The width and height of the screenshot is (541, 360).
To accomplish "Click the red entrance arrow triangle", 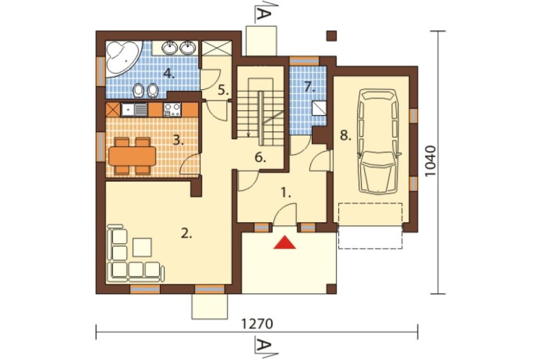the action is (x=285, y=242).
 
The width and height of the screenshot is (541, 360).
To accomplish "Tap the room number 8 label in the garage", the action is (x=345, y=136).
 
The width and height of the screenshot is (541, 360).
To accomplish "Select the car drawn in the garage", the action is (x=378, y=142).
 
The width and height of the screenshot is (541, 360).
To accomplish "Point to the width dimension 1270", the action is (x=257, y=324).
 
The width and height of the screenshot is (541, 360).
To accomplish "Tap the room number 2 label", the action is (x=186, y=234).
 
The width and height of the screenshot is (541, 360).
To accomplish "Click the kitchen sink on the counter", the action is (x=134, y=110).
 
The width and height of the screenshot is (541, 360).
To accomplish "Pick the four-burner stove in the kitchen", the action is (x=172, y=110).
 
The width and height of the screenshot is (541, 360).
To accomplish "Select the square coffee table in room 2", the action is (x=142, y=247).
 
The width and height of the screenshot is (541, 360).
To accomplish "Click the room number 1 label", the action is (x=285, y=193).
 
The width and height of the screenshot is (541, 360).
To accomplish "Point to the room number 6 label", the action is (x=260, y=158).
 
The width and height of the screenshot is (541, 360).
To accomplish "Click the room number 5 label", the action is (x=223, y=90).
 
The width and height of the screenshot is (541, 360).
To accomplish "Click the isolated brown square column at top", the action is (x=332, y=36).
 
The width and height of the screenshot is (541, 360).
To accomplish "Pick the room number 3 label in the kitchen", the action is (x=178, y=140).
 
